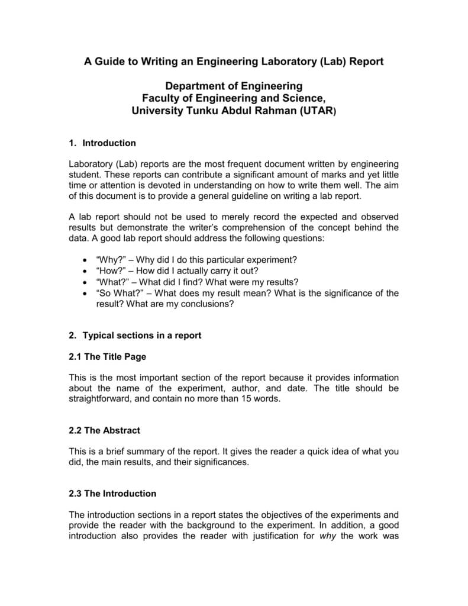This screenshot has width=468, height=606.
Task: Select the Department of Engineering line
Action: (234, 86)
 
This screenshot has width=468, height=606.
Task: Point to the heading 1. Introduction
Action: (102, 143)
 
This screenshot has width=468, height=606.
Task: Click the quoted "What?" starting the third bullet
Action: (110, 281)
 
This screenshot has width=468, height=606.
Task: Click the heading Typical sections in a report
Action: (142, 335)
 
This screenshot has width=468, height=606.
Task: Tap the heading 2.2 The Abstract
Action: (105, 430)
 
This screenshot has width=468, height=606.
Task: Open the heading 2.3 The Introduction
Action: (112, 493)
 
